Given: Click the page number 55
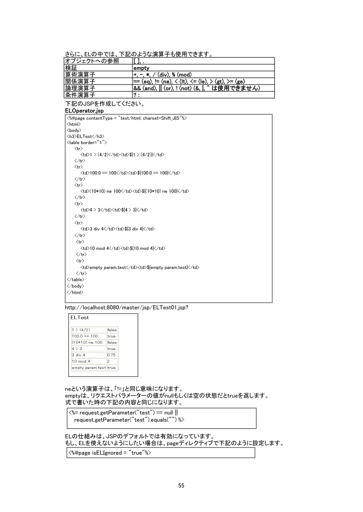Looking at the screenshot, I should [x=181, y=485].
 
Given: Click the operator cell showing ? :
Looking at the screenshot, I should [x=137, y=95].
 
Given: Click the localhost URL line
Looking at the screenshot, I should [x=127, y=307].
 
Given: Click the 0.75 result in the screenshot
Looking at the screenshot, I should [x=112, y=355].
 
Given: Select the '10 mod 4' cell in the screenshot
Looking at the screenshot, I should [x=82, y=361].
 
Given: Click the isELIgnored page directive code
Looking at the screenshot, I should [x=109, y=452].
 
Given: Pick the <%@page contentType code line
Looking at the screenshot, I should [x=127, y=118].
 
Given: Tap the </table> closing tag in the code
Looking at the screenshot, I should [x=75, y=279].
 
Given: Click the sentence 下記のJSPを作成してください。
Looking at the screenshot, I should [x=105, y=104].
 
